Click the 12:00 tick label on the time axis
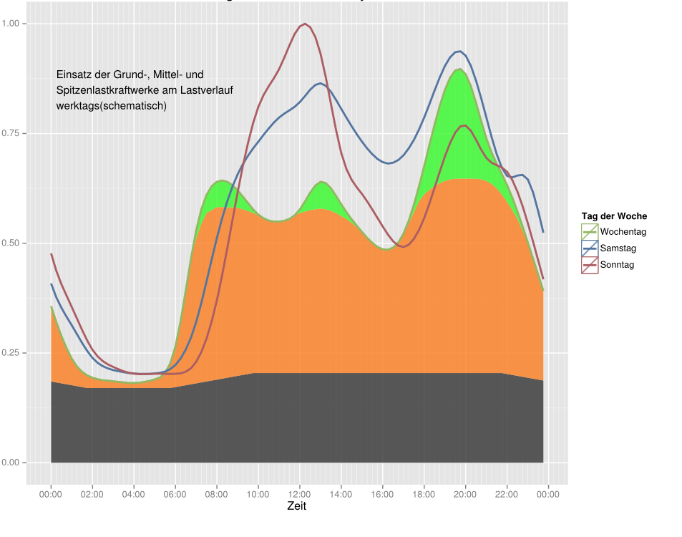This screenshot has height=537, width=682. (x=299, y=494)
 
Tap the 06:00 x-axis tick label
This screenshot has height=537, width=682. (x=175, y=494)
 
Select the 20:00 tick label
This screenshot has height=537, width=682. (x=465, y=494)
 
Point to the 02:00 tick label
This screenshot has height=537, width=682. (x=92, y=494)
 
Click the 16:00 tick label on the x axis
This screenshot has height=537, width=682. (x=382, y=494)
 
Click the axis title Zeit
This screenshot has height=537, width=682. (x=297, y=506)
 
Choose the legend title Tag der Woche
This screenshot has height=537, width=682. (x=614, y=216)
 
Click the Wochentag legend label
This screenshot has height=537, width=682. (x=623, y=231)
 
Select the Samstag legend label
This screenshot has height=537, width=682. (x=618, y=248)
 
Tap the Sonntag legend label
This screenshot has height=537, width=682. (x=617, y=265)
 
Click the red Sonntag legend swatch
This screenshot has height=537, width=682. (x=589, y=265)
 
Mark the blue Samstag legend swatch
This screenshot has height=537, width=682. (x=589, y=248)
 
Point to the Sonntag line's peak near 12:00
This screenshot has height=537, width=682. (x=305, y=24)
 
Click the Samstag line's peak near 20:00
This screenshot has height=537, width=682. (x=459, y=52)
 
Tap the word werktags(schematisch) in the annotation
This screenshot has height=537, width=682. (x=111, y=106)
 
